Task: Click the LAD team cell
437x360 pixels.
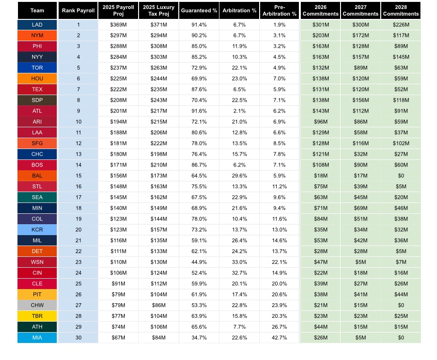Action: coord(37,25)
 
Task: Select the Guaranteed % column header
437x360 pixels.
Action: coord(199,10)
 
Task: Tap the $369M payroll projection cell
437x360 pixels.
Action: coord(118,25)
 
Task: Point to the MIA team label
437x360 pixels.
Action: coord(37,338)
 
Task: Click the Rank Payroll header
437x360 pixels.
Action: coord(78,10)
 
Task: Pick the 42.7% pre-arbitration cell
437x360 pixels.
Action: coord(280,338)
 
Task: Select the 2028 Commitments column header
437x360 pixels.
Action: coord(401,10)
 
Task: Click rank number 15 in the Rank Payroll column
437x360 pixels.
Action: coord(78,176)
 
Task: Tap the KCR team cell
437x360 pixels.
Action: coord(37,229)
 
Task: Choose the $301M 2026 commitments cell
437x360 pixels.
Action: coord(321,25)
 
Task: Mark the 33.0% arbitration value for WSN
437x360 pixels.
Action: coord(239,262)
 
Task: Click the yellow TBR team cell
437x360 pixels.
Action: coord(37,316)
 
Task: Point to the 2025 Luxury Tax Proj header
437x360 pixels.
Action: coord(158,10)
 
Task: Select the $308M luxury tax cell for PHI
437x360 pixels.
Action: coord(158,46)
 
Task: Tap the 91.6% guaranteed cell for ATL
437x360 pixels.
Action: coord(199,111)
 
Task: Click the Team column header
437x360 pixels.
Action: coord(37,10)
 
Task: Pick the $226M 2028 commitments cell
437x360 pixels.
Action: coord(401,25)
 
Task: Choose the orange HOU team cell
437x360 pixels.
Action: coord(37,79)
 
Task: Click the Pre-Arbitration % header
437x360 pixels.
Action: coord(280,10)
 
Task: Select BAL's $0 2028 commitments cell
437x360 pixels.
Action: coord(401,176)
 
